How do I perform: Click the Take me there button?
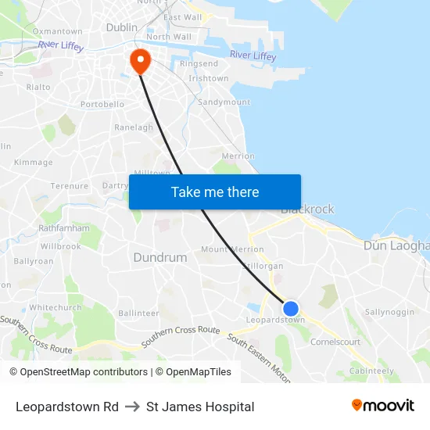pos(214,192)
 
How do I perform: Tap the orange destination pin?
pos(141,60)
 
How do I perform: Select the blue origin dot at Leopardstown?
pos(290,309)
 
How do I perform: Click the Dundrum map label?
pos(159,257)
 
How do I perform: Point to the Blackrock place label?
pos(307,210)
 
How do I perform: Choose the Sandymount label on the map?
pos(224,102)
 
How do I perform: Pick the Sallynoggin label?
pos(389,312)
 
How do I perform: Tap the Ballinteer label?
pos(138,313)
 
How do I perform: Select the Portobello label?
pos(102,104)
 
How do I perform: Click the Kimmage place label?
pos(34,163)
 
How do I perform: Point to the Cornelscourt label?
pos(335,342)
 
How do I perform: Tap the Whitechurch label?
pos(55,308)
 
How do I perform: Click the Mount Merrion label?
pos(232,249)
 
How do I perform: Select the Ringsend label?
pos(199,63)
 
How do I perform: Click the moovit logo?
pos(382,406)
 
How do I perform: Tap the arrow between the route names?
pos(132,407)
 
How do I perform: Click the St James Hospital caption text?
pos(200,407)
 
